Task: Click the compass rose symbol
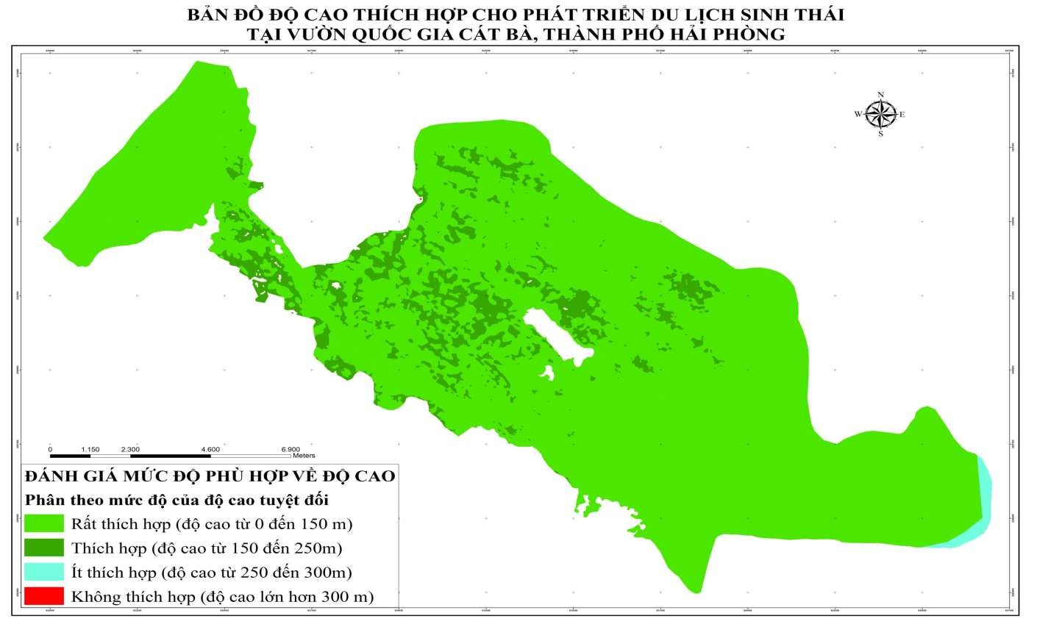(x=880, y=114)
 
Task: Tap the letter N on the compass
(x=880, y=94)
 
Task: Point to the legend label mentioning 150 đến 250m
(x=207, y=548)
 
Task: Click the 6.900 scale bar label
(x=291, y=448)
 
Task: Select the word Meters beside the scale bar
(x=303, y=456)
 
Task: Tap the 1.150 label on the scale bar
(x=90, y=448)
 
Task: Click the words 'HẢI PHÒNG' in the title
(x=716, y=33)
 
